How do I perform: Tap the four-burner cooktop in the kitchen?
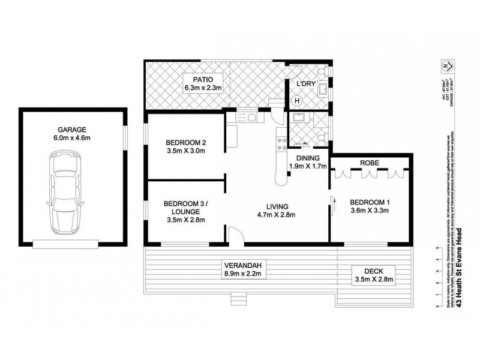click(279, 142)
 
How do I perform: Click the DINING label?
click(307, 158)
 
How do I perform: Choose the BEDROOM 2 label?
click(186, 142)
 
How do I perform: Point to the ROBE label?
click(368, 162)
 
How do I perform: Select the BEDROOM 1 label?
click(370, 202)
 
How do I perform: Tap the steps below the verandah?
click(239, 297)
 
